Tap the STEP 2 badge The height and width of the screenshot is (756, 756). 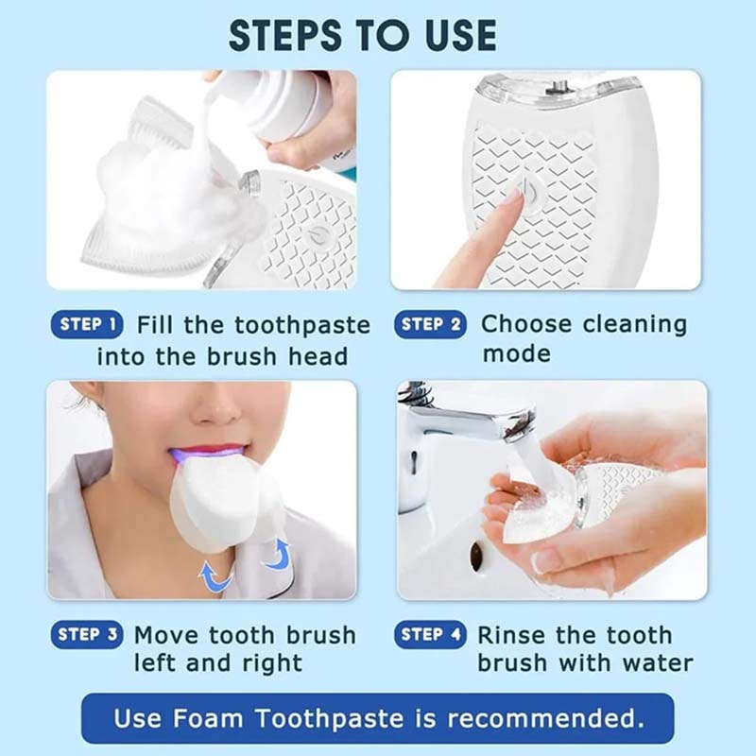(431, 325)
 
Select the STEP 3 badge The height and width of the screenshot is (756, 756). (87, 635)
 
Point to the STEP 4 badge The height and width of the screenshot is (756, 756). (431, 635)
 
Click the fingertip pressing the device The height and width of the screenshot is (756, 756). (511, 200)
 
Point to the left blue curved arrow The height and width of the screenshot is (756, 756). (214, 576)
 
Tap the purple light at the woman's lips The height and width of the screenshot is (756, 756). (204, 455)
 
